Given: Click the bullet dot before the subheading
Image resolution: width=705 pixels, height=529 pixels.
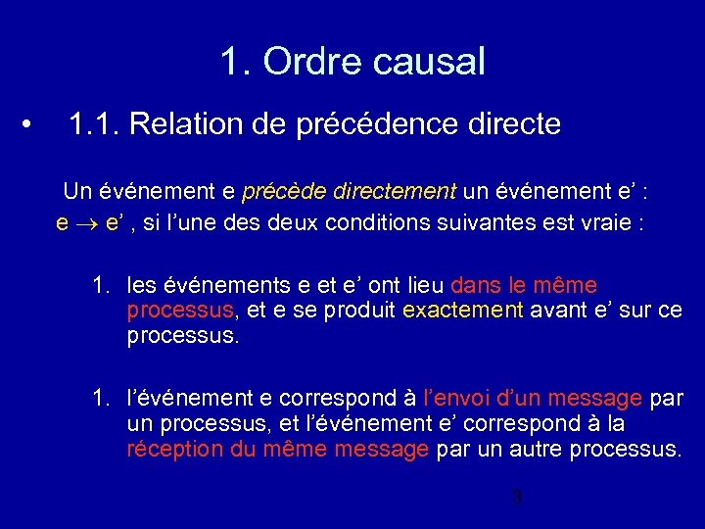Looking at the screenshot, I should (x=32, y=125).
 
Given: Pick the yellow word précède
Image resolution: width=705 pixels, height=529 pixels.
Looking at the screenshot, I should (x=278, y=190).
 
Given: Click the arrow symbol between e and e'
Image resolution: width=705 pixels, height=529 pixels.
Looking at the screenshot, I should (x=87, y=223).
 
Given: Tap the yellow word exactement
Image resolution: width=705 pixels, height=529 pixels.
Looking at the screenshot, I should (x=463, y=311).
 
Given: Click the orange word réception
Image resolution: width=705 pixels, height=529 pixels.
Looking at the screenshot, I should (x=171, y=450).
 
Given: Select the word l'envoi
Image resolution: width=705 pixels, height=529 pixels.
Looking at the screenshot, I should (x=458, y=399).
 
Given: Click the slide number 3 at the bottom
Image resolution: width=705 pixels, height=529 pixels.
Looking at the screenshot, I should (x=517, y=497).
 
